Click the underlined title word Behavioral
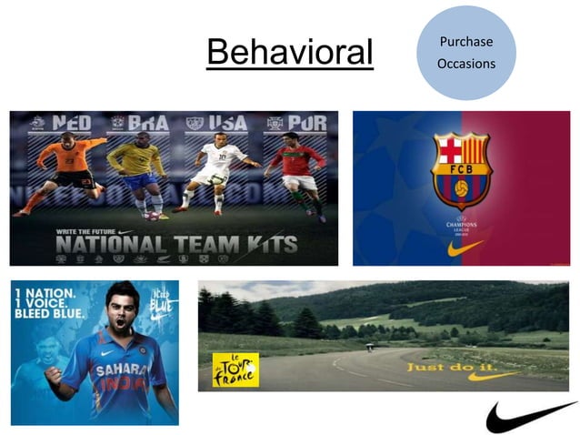point(290,53)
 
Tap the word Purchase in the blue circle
point(466,43)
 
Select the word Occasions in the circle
point(466,64)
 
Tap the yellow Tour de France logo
point(235,369)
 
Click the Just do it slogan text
point(443,367)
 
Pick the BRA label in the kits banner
point(147,124)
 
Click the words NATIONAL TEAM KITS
point(175,244)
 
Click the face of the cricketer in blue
point(121,310)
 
